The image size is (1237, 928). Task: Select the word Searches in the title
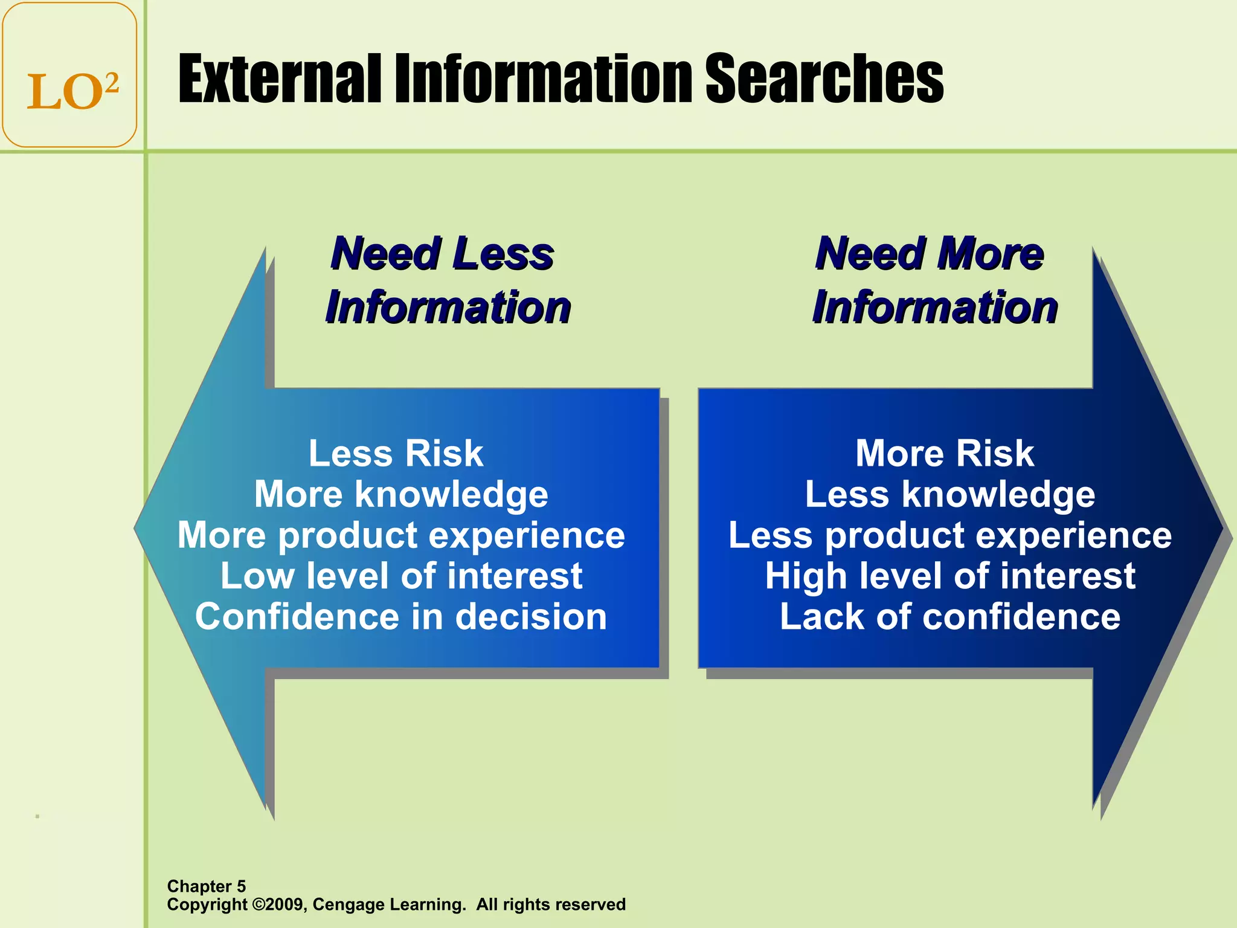pyautogui.click(x=824, y=79)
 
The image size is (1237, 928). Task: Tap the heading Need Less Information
pyautogui.click(x=447, y=280)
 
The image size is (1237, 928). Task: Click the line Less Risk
pyautogui.click(x=396, y=453)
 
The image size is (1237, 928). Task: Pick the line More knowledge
pyautogui.click(x=401, y=494)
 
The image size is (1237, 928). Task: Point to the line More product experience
pyautogui.click(x=401, y=535)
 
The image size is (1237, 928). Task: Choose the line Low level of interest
pyautogui.click(x=401, y=576)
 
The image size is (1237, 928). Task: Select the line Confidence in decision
pyautogui.click(x=401, y=617)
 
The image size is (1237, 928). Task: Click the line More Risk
pyautogui.click(x=945, y=453)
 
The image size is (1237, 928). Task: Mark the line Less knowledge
pyautogui.click(x=949, y=494)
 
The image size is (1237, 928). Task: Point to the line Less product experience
pyautogui.click(x=949, y=535)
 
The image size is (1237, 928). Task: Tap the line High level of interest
pyautogui.click(x=949, y=576)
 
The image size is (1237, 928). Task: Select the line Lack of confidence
pyautogui.click(x=949, y=617)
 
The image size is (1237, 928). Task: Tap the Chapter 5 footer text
pyautogui.click(x=207, y=886)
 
